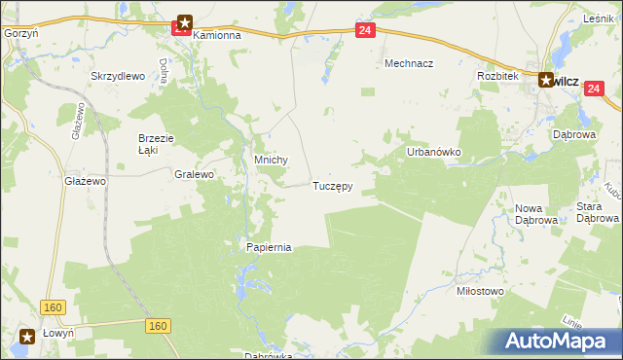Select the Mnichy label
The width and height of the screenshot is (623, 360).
coord(271,162)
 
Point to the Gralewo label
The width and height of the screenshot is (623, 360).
coord(194,175)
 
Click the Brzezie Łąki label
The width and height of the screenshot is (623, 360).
coord(155,144)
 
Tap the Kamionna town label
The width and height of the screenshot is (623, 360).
coord(216,34)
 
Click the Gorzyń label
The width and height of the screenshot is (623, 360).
coord(19,32)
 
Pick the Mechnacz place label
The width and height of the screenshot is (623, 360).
coord(409,63)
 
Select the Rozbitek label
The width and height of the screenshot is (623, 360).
coord(496,75)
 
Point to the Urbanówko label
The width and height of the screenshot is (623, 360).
coord(433,153)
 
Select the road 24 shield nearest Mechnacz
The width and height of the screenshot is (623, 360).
coord(364,31)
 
